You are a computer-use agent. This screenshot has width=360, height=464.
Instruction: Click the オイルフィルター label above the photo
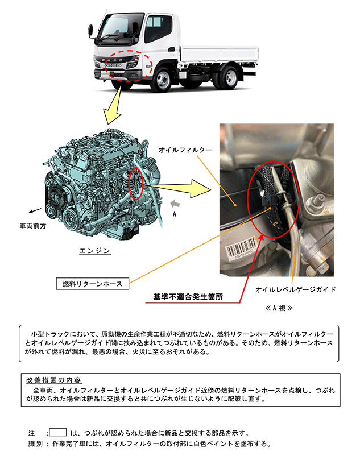pos(185,150)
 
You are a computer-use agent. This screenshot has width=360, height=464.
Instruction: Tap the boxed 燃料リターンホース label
pos(92,284)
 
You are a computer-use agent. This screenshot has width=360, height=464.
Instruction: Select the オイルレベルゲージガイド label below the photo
pos(296,289)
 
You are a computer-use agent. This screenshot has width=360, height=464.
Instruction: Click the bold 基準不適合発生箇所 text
pos(188,296)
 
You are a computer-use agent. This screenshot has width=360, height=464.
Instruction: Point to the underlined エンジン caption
pos(95,251)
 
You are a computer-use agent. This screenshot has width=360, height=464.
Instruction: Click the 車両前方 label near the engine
pos(33,226)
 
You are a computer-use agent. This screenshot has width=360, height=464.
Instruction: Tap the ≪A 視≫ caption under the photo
pos(279,308)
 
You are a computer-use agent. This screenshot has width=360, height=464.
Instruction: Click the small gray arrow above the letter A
pos(175,204)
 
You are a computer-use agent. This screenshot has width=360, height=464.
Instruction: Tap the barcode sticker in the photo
pos(241,247)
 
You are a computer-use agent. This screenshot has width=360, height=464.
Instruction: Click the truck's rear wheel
pos(230,77)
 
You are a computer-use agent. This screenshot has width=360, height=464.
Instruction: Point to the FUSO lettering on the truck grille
pos(113,60)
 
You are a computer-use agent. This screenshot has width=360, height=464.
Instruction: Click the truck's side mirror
pos(90,30)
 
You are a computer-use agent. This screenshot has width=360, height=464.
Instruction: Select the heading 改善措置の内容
pos(53,380)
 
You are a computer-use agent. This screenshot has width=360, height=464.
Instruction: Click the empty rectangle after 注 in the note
pos(58,432)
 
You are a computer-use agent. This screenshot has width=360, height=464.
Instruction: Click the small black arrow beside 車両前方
pos(35,211)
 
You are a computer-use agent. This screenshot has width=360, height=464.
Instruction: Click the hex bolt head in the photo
pos(317,200)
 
